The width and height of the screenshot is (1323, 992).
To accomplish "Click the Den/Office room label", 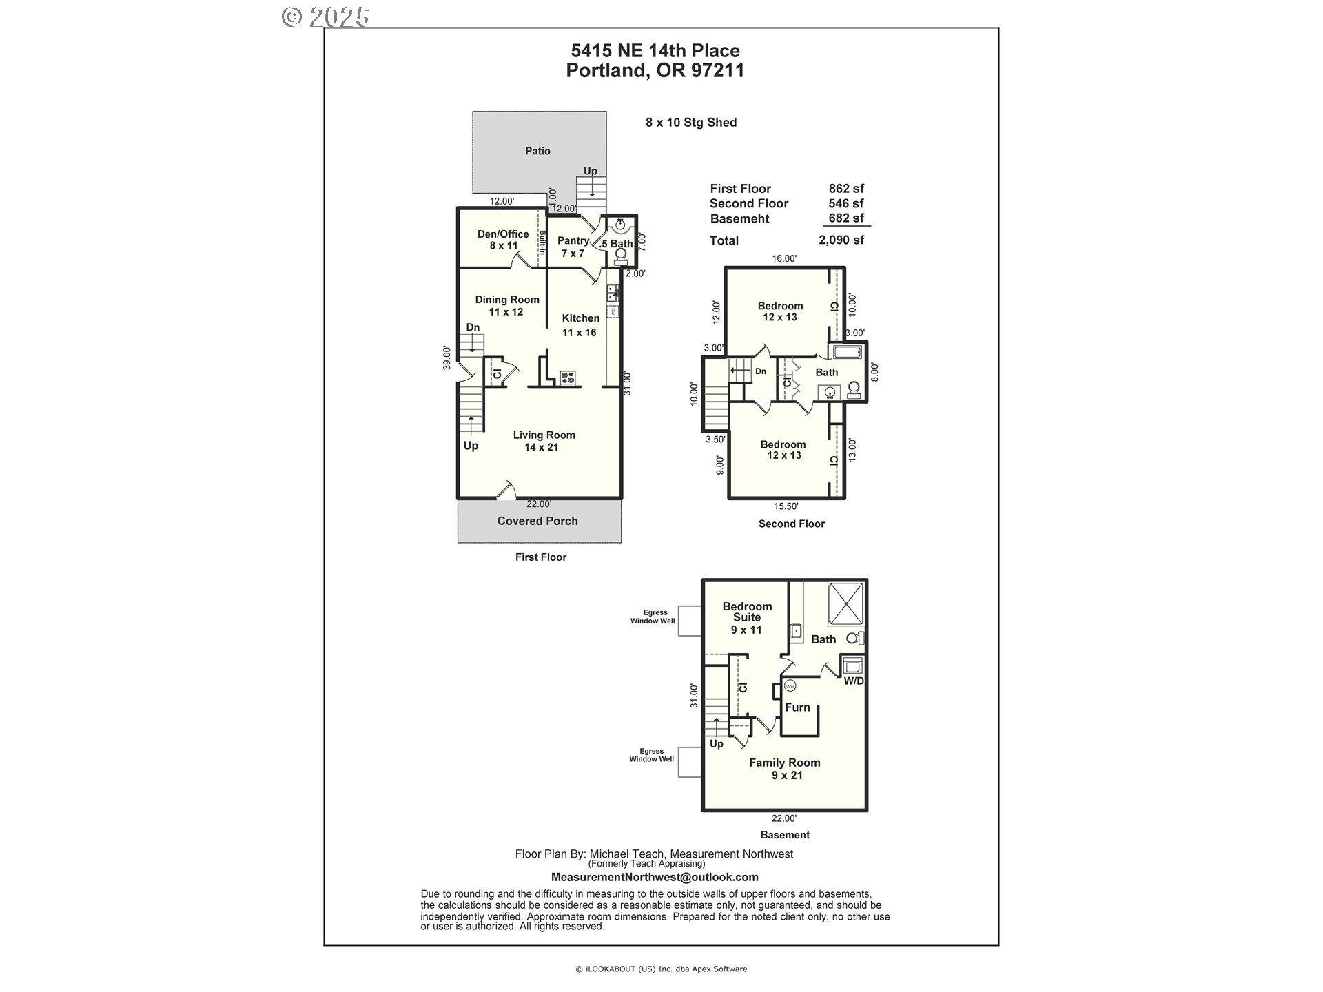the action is point(503,240).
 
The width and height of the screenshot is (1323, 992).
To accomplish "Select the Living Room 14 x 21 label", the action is point(544,441).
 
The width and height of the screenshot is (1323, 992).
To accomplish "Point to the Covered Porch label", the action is point(537,521).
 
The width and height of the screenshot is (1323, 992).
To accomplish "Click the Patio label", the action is point(537,151).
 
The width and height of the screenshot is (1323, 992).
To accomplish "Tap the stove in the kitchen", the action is point(568,377).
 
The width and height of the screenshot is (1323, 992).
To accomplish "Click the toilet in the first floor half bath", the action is point(620,256).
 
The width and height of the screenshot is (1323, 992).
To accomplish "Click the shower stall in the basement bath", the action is point(845,602).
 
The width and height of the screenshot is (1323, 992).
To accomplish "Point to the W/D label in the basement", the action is point(854,681).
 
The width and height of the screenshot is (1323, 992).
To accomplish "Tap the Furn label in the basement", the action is point(797,707).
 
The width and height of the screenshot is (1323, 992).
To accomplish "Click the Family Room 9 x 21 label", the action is point(785,769).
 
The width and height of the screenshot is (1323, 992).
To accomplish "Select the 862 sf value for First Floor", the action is point(846,188).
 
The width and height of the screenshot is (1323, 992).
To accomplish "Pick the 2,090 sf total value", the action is point(841,240).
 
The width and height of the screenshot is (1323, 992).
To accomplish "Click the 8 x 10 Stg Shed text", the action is point(691,123).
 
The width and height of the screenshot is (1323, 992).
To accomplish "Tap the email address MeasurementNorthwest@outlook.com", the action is point(655,877).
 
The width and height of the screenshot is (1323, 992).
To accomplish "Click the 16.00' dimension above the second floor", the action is point(784,259).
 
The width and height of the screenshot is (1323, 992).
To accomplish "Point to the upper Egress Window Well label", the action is point(655,617).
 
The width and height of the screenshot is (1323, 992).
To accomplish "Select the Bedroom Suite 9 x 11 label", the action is point(747,618).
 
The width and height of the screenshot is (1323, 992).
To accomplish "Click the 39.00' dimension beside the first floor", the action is point(447,358).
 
